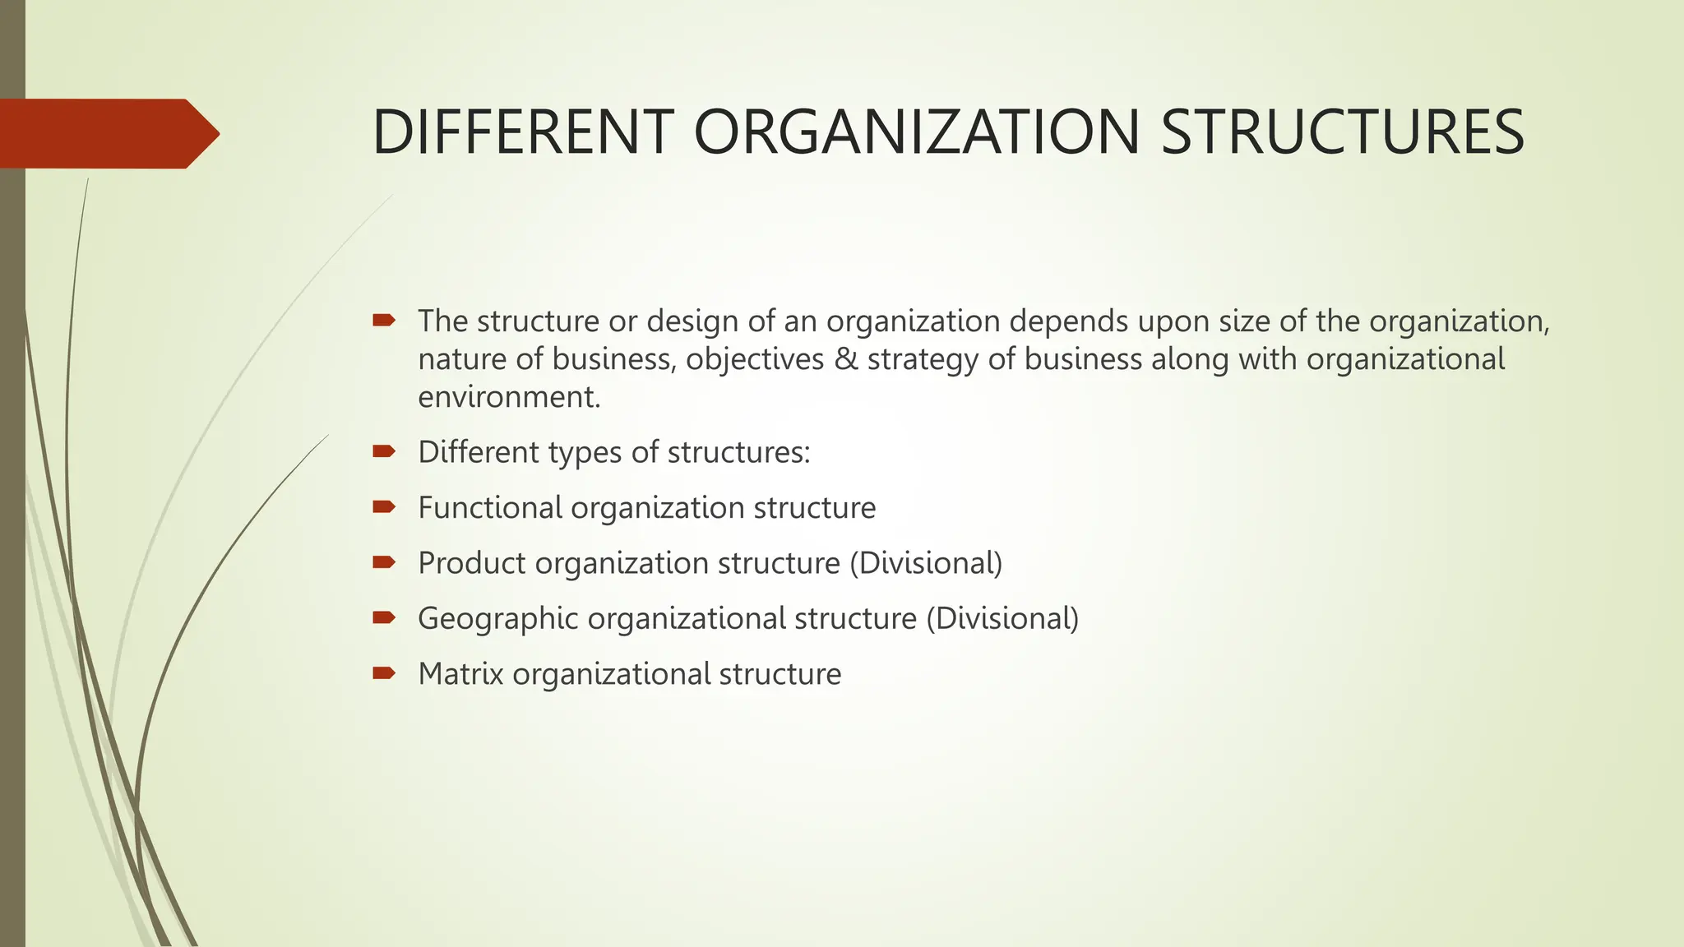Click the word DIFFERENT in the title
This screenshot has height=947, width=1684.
click(522, 132)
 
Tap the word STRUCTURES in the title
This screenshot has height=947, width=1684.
click(1343, 132)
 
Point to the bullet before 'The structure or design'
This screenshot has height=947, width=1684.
click(384, 320)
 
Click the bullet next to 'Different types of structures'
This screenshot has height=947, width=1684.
click(384, 450)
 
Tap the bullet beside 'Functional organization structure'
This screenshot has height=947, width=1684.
click(384, 506)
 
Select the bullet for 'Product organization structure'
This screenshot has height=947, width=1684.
click(384, 562)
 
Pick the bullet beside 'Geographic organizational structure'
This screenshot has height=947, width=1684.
click(384, 617)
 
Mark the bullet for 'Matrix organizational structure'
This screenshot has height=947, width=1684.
click(384, 673)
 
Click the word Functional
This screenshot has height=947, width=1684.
click(490, 508)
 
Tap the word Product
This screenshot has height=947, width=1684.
click(471, 564)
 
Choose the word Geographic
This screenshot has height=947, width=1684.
click(497, 619)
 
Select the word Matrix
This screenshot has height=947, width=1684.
click(460, 674)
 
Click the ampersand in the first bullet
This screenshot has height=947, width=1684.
click(845, 359)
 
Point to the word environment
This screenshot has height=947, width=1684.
click(509, 398)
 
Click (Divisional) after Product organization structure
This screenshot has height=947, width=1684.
click(926, 564)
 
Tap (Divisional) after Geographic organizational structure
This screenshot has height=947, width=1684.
click(1002, 619)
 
